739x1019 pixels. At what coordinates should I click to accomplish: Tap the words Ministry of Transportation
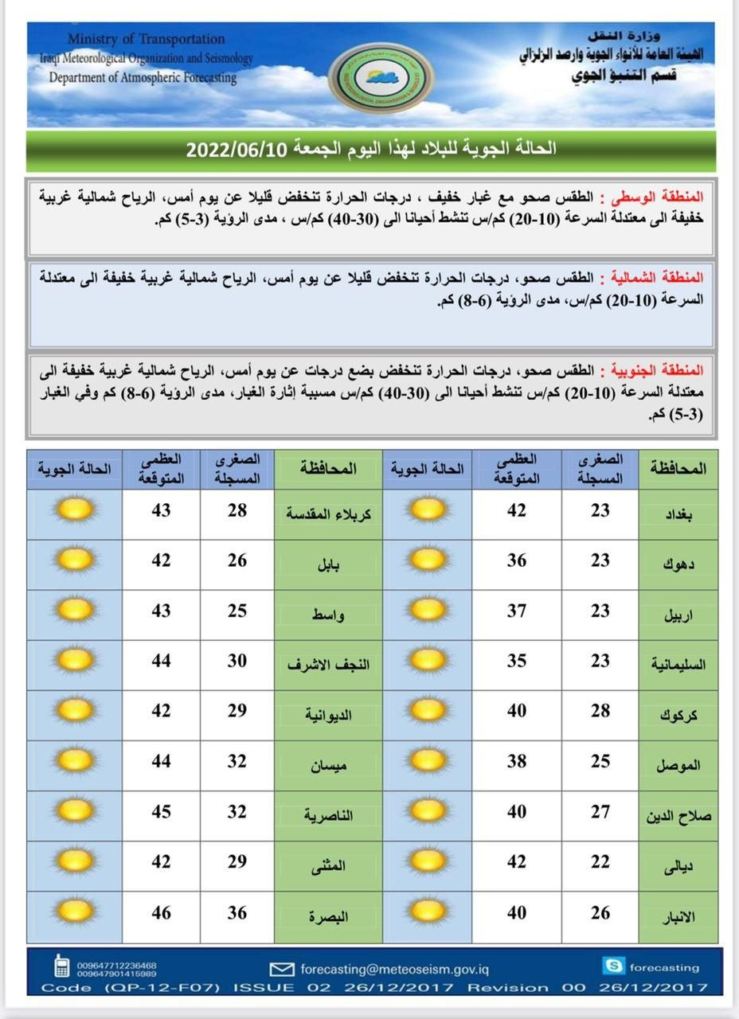click(x=146, y=39)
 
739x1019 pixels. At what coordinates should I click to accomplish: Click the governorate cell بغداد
click(x=678, y=515)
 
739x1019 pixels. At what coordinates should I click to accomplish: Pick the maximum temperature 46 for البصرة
click(x=162, y=912)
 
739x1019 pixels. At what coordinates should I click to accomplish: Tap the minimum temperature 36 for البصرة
click(x=237, y=912)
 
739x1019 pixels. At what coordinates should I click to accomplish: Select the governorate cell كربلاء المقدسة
click(x=328, y=515)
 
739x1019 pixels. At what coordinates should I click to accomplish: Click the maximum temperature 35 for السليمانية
click(x=517, y=660)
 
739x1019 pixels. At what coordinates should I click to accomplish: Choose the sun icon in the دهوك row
click(x=428, y=560)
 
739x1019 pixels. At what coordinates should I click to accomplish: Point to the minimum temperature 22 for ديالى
click(x=600, y=862)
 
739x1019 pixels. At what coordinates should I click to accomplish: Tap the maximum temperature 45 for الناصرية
click(x=162, y=812)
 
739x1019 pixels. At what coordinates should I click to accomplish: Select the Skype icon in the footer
click(x=613, y=966)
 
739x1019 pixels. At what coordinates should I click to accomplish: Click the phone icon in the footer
click(x=61, y=966)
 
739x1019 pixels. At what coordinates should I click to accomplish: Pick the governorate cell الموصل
click(x=678, y=766)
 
